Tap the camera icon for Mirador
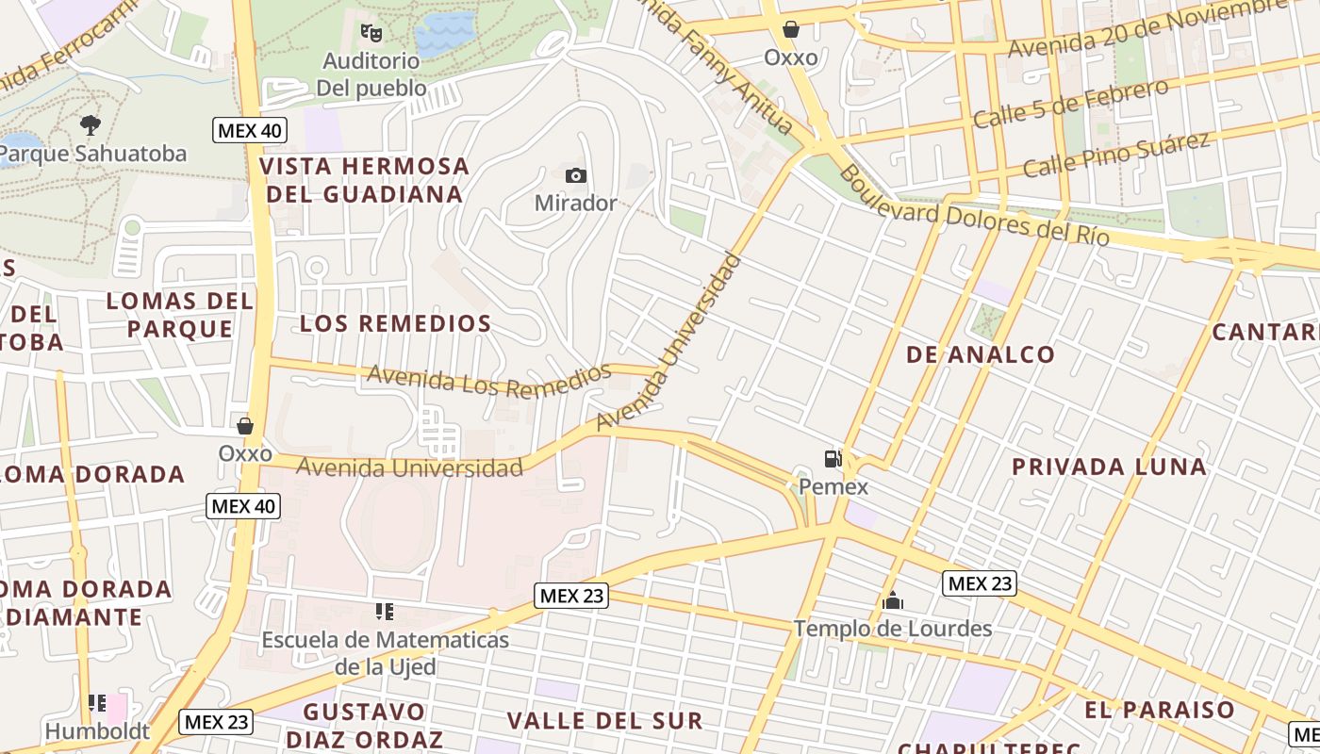(x=575, y=175)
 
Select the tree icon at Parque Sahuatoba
(x=91, y=124)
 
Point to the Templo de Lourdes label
(x=892, y=628)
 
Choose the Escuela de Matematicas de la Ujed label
(x=385, y=653)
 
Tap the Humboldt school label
(x=97, y=730)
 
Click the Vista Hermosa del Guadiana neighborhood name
(x=364, y=180)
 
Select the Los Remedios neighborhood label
(x=395, y=323)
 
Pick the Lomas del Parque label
(x=179, y=315)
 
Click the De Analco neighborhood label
(x=981, y=354)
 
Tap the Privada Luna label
(x=1109, y=467)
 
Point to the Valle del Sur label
(x=604, y=721)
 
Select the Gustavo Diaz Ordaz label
(x=364, y=724)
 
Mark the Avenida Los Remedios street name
(x=488, y=379)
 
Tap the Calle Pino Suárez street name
(x=1115, y=155)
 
